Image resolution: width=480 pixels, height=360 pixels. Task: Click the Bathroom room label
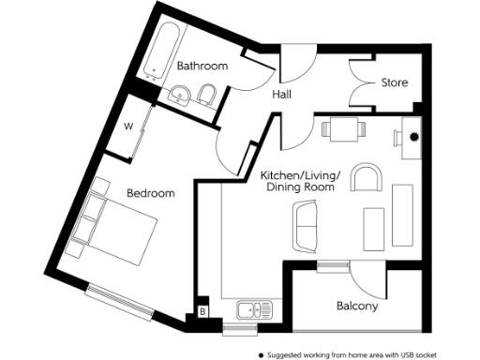pos(202,67)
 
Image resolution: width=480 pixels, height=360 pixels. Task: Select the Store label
pos(394,82)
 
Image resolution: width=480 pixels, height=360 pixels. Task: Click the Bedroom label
pos(151,193)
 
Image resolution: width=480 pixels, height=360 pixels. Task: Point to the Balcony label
pos(356,307)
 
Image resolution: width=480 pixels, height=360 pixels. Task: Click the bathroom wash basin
pos(180,94)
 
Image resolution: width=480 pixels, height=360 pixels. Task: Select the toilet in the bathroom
pos(210,94)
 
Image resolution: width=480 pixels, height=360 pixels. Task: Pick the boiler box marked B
pos(202,312)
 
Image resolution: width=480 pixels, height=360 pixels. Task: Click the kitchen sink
pos(252,309)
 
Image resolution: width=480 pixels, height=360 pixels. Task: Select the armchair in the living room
pos(367,177)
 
